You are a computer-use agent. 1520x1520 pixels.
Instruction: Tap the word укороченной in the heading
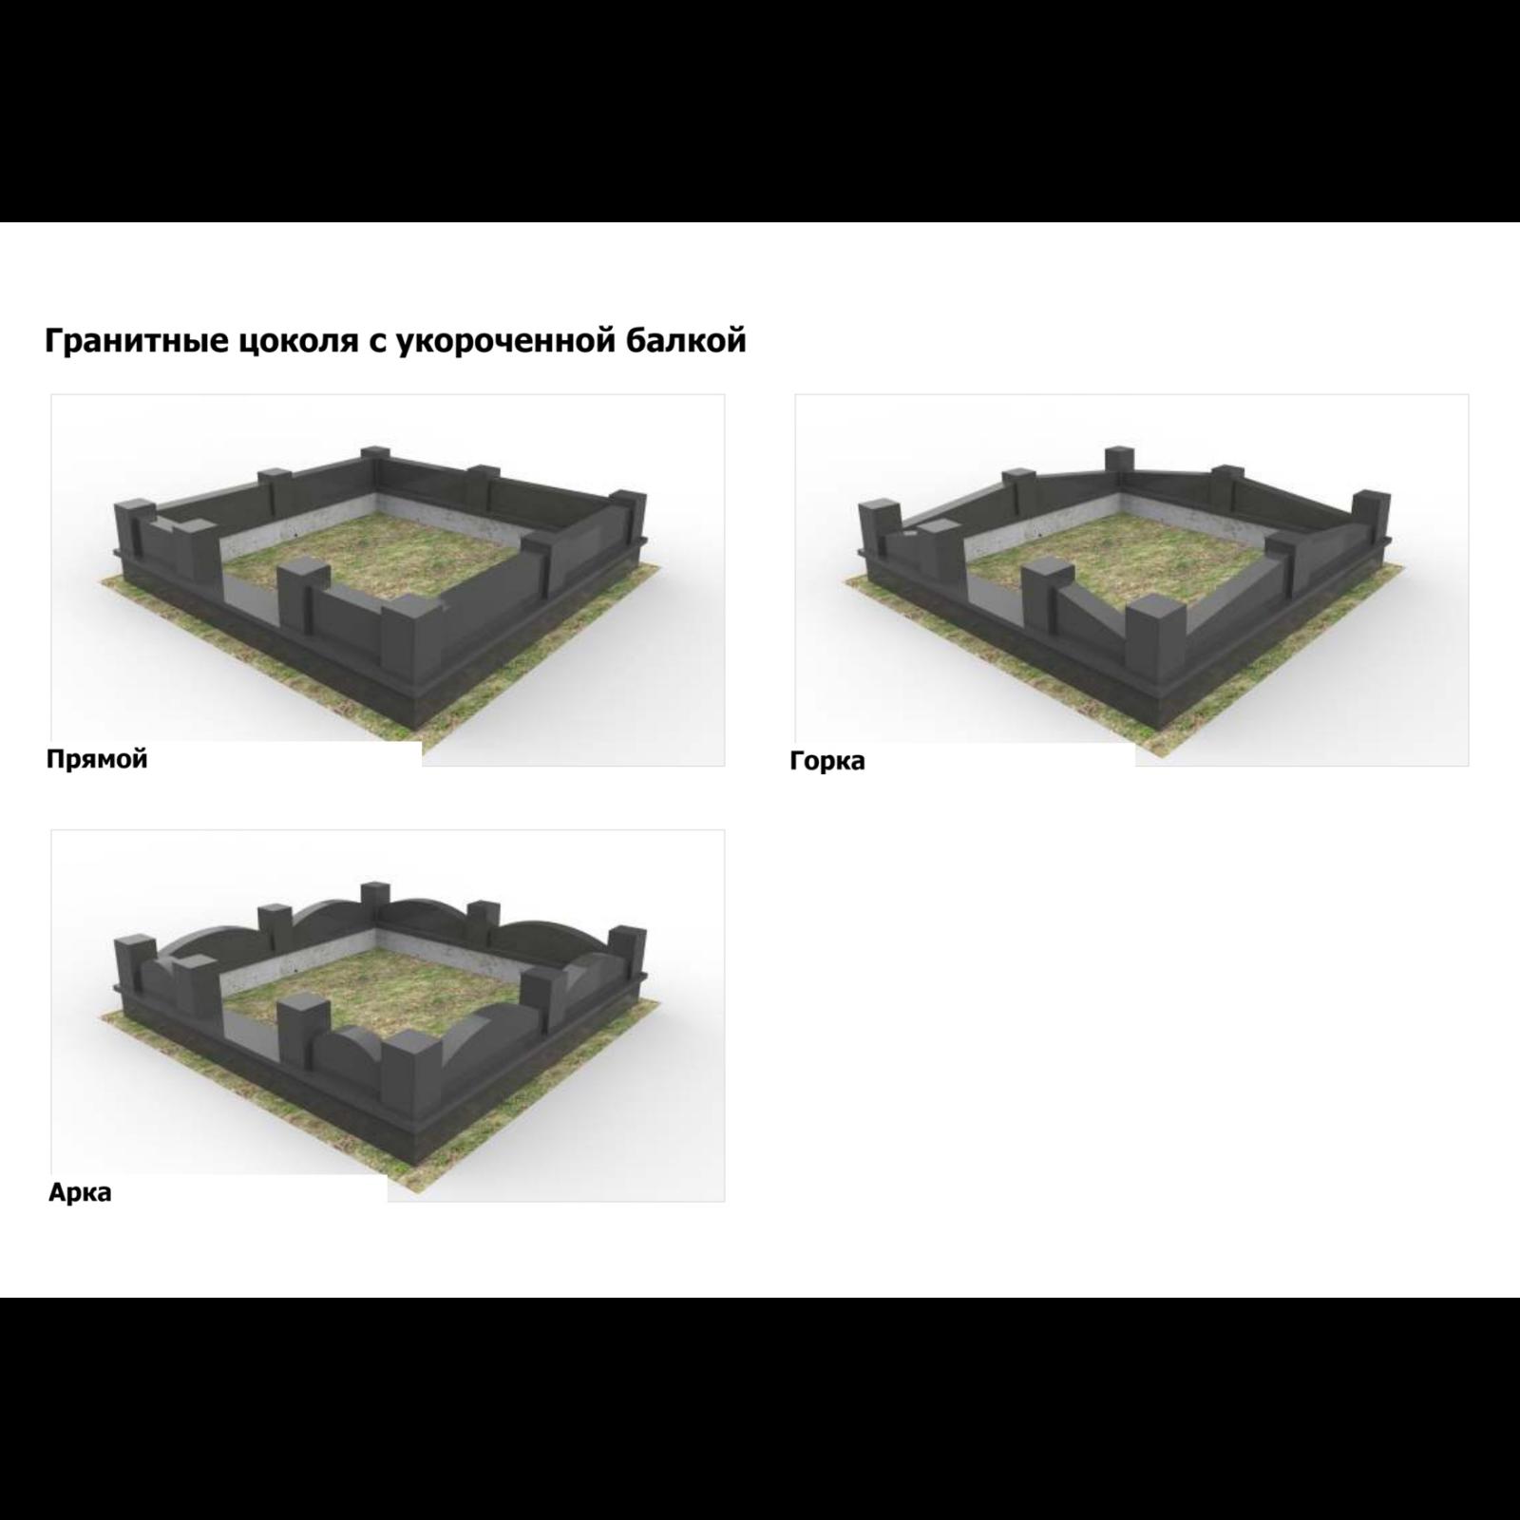[x=502, y=341]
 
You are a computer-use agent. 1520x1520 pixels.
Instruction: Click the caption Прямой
[x=97, y=760]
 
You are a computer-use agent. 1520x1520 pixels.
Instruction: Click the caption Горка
[x=827, y=761]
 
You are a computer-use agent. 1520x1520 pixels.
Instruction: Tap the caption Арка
[x=80, y=1192]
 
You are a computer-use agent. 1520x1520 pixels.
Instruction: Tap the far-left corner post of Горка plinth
[x=879, y=537]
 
